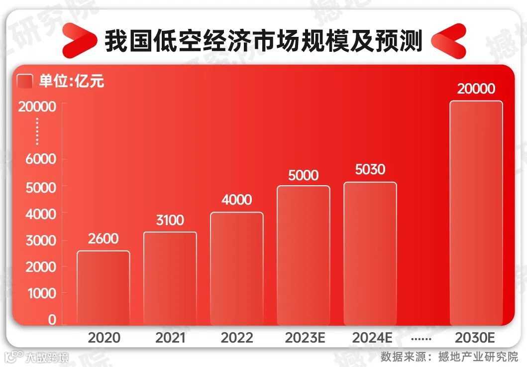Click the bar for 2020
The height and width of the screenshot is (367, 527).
pyautogui.click(x=104, y=287)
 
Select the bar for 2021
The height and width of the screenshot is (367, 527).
pyautogui.click(x=170, y=278)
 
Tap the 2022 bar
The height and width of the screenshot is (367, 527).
pyautogui.click(x=237, y=268)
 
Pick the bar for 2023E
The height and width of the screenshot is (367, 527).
pyautogui.click(x=304, y=255)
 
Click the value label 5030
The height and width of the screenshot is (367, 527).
pyautogui.click(x=370, y=170)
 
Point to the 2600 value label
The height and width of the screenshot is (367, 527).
pyautogui.click(x=104, y=239)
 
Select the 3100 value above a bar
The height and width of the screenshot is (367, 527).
pyautogui.click(x=170, y=220)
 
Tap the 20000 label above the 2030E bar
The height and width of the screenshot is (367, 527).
pyautogui.click(x=476, y=89)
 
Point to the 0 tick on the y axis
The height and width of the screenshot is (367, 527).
pyautogui.click(x=52, y=320)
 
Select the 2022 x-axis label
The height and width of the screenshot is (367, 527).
pyautogui.click(x=237, y=338)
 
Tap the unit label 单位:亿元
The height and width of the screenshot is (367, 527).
pyautogui.click(x=72, y=81)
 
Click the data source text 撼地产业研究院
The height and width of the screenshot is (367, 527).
pyautogui.click(x=478, y=357)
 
